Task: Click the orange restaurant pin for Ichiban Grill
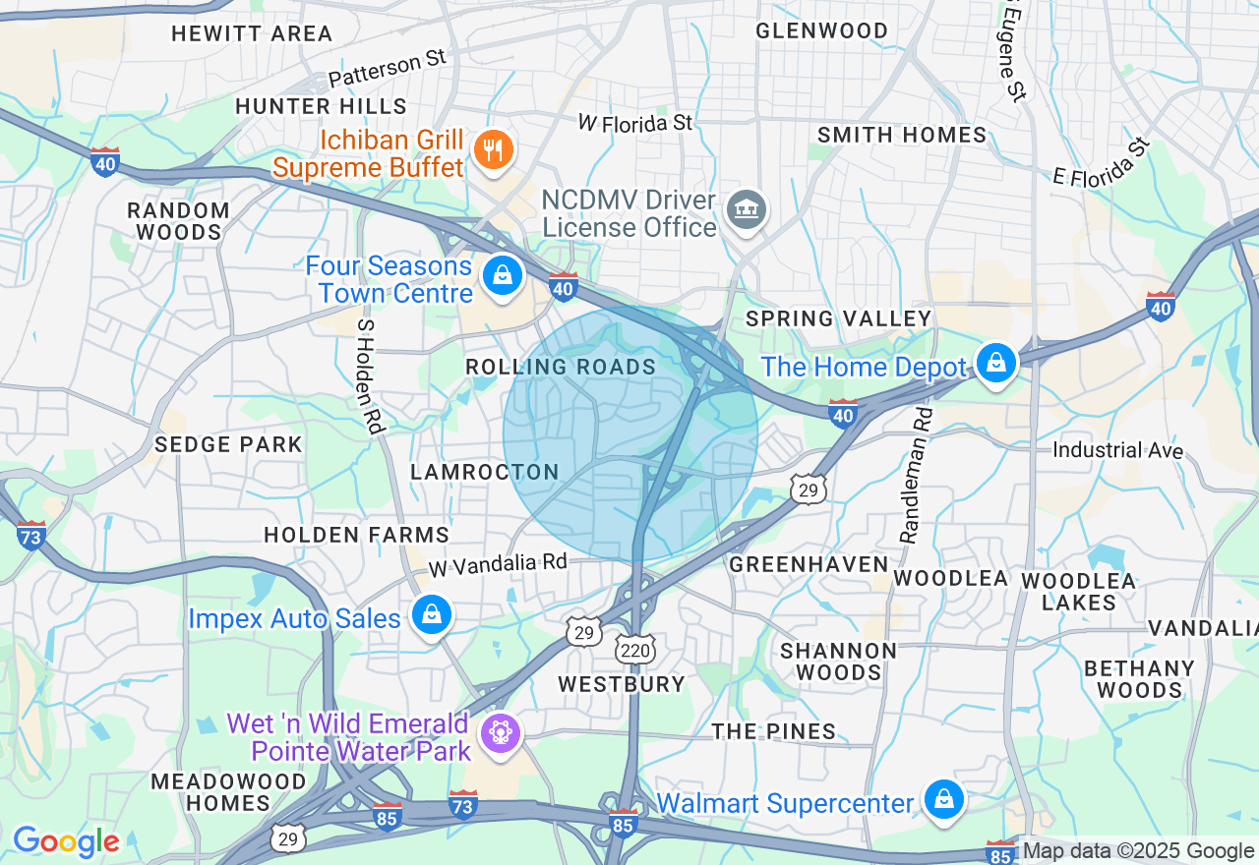coord(490,150)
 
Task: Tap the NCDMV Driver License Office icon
coord(747,208)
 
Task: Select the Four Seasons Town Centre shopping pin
coord(504,274)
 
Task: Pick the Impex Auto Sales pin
coord(430,615)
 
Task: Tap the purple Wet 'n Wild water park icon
coord(500,732)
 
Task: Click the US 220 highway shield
coord(635,649)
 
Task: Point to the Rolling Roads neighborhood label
coord(561,368)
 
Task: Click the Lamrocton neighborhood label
coord(485,472)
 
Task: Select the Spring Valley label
coord(838,318)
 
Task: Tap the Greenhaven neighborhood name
coord(809,564)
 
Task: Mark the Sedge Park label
coord(228,444)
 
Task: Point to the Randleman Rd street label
coord(915,476)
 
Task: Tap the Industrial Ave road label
coord(1117,450)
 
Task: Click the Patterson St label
coord(388,69)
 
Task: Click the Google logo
coord(66,841)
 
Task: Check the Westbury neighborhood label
coord(621,684)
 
